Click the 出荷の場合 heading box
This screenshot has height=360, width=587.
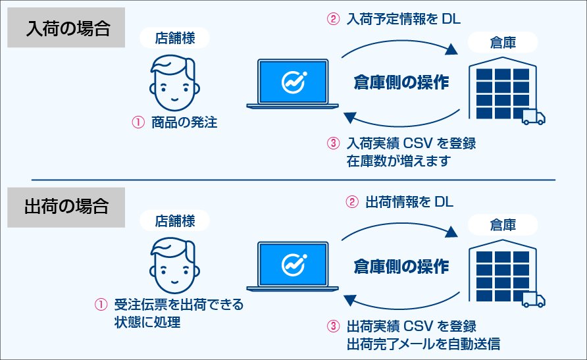tap(66, 206)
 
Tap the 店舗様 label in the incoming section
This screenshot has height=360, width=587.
tap(174, 39)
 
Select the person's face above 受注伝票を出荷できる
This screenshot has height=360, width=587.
tap(174, 263)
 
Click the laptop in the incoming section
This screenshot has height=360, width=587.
tap(292, 84)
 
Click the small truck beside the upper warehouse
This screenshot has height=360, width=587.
tap(533, 118)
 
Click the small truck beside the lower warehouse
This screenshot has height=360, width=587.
tap(533, 300)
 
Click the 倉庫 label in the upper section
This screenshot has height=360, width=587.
tap(503, 43)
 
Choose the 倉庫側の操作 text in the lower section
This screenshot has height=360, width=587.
tap(401, 266)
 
